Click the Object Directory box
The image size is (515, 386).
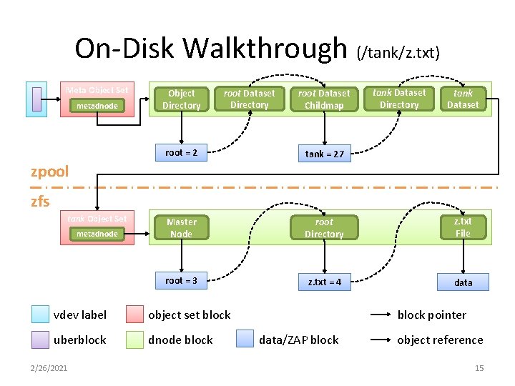click(x=181, y=99)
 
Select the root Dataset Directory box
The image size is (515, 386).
click(x=249, y=99)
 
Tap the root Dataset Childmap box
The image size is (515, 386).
click(x=324, y=99)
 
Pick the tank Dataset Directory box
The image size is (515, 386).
click(x=399, y=99)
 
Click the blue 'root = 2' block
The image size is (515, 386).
click(x=181, y=152)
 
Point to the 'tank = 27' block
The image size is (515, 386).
click(x=324, y=154)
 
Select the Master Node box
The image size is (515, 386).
click(x=181, y=228)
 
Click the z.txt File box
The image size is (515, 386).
click(x=463, y=227)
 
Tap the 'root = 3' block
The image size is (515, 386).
click(x=181, y=281)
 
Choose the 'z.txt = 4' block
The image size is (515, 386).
click(x=324, y=282)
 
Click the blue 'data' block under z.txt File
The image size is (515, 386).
click(x=463, y=282)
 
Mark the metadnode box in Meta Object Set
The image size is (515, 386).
click(x=97, y=107)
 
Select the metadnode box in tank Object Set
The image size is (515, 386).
click(x=97, y=234)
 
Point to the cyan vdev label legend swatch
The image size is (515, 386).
click(x=41, y=315)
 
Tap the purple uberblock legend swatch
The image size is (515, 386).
click(x=41, y=340)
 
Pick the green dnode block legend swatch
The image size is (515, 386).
click(x=134, y=340)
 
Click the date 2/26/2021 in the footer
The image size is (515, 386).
click(x=49, y=368)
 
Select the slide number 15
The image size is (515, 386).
click(x=479, y=368)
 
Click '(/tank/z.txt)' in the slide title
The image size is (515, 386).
click(x=398, y=52)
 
